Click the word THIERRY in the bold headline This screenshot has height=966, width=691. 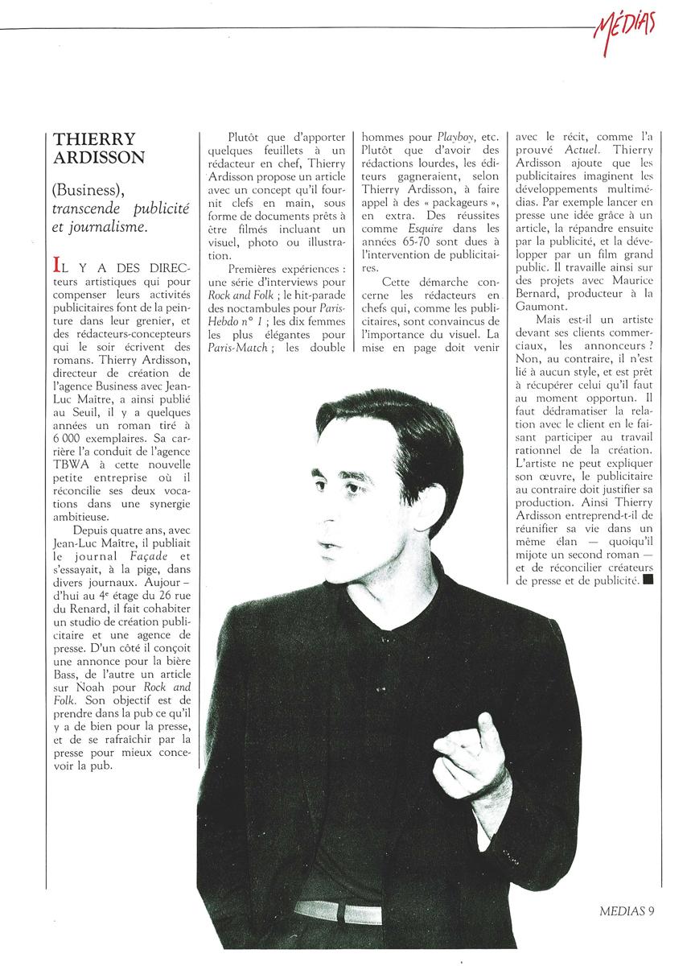pos(84,138)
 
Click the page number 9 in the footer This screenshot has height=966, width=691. pos(652,910)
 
